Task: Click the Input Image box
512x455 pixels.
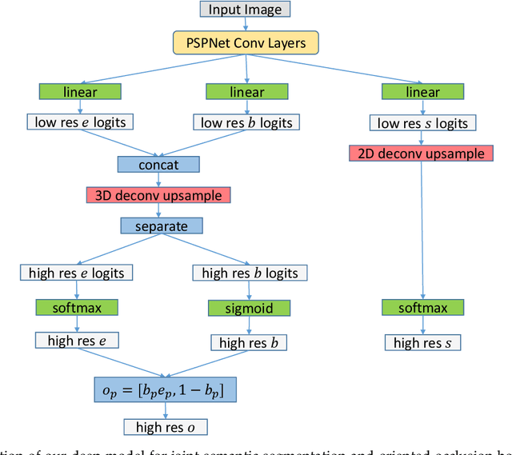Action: tap(245, 10)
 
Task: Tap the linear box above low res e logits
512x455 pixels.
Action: tap(79, 92)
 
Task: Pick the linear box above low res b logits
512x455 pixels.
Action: tap(246, 92)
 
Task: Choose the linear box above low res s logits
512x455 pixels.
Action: tap(422, 92)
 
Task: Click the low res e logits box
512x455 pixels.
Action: tap(79, 122)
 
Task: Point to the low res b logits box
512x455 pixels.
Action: tap(246, 122)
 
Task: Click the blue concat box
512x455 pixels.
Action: tap(158, 165)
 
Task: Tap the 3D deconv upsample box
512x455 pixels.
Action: tap(158, 195)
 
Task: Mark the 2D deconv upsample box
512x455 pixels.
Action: tap(417, 153)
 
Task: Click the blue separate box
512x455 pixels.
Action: tap(158, 226)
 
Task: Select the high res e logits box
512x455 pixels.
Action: tap(76, 273)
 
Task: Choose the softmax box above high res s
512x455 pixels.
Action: tap(422, 307)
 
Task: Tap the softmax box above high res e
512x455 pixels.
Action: tap(76, 307)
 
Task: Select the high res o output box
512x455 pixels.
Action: tap(164, 427)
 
